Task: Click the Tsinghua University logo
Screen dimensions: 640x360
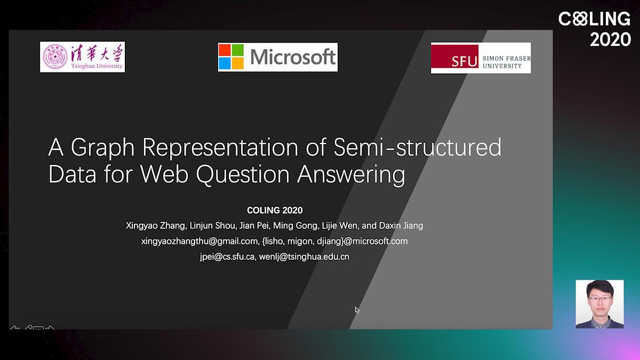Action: click(x=82, y=57)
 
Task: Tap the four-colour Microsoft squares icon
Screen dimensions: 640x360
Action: click(x=231, y=57)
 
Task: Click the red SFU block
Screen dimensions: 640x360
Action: click(x=454, y=57)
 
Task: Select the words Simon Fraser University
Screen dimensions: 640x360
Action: click(x=507, y=62)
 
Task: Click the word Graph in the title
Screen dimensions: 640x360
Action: click(x=102, y=148)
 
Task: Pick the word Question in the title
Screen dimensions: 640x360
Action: click(x=243, y=174)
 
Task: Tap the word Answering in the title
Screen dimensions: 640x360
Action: click(x=351, y=175)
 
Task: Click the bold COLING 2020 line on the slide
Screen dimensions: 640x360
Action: click(x=275, y=210)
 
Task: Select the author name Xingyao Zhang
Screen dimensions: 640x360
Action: click(x=156, y=226)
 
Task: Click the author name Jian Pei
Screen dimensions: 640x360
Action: click(x=254, y=226)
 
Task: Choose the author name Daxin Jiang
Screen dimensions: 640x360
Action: click(x=401, y=226)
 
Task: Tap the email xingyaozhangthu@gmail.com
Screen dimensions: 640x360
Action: click(x=201, y=242)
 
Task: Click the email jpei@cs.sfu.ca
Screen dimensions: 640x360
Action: click(x=227, y=257)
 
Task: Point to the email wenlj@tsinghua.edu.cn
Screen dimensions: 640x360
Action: click(x=304, y=257)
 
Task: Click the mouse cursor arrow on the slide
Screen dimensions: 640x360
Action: click(x=357, y=310)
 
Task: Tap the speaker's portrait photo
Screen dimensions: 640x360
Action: click(x=599, y=304)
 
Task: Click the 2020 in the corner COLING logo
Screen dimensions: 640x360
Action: click(x=610, y=39)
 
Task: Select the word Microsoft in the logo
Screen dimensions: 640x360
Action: click(x=293, y=57)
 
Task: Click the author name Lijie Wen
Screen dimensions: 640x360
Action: click(x=340, y=226)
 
